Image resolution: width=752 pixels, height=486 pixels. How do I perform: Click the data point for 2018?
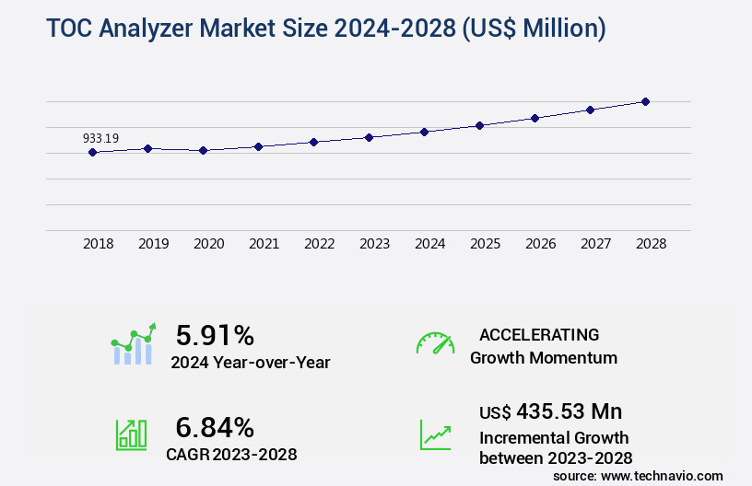pos(92,152)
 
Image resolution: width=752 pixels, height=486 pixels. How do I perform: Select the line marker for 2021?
pos(258,146)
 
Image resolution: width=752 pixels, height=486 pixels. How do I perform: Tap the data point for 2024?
pos(424,132)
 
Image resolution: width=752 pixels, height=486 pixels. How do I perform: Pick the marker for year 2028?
pos(645,101)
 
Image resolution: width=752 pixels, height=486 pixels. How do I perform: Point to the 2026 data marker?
pos(535,118)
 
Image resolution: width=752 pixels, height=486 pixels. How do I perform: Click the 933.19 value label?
pos(100,139)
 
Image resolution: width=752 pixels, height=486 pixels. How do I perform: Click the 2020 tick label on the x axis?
pos(209,245)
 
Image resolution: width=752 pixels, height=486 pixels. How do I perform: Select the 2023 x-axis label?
pos(374,245)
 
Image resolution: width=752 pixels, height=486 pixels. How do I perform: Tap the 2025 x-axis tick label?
pos(485,245)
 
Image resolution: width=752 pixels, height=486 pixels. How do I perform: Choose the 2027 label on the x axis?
pos(595,245)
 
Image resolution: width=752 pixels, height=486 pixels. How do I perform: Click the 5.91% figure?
pos(215,335)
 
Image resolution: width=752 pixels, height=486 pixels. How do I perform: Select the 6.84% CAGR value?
pos(215,427)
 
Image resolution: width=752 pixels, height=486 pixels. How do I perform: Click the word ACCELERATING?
pos(539,335)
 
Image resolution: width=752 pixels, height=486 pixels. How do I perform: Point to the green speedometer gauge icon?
pos(435,343)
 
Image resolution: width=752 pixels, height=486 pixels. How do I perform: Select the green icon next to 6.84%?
pos(131,434)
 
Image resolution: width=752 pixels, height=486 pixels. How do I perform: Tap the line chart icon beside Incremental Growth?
pos(435,434)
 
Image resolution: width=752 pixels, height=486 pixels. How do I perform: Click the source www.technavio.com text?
pos(638,475)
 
